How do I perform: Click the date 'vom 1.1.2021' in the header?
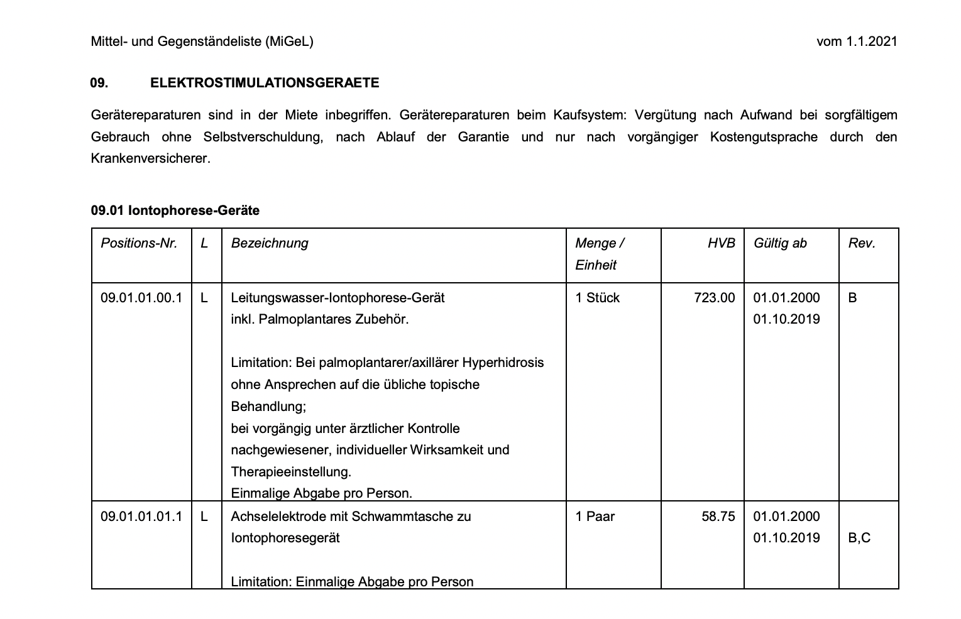(857, 41)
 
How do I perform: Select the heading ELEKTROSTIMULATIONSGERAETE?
(265, 83)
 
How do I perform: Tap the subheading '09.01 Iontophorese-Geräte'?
(175, 211)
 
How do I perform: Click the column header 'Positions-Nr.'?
(139, 243)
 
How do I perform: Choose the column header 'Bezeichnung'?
(270, 243)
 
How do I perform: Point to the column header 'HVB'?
(721, 243)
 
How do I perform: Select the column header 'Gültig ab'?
(780, 243)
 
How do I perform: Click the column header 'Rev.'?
(862, 243)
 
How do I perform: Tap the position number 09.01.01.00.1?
(141, 298)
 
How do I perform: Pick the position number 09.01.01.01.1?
(141, 517)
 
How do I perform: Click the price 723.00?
(714, 298)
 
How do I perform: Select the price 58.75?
(718, 517)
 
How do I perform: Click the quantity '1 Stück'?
(597, 298)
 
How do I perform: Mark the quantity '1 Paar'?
(595, 517)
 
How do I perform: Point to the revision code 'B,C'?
(859, 538)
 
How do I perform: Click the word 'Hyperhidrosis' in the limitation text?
(503, 363)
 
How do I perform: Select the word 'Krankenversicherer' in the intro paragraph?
(150, 158)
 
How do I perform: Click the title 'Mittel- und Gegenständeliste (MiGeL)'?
(202, 41)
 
